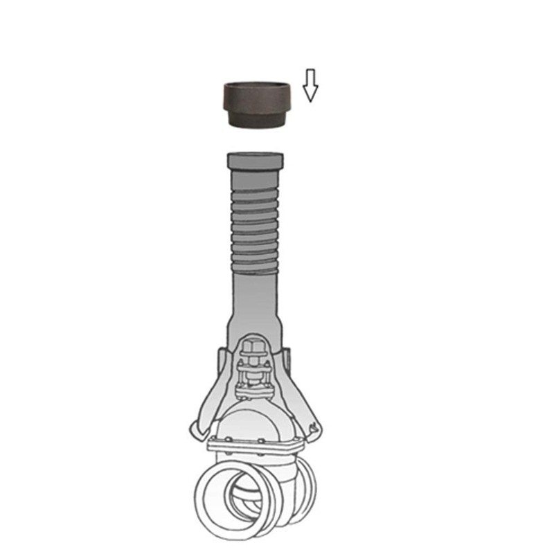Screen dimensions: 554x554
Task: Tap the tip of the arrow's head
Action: [311, 101]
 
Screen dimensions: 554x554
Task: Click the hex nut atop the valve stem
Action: [254, 346]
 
